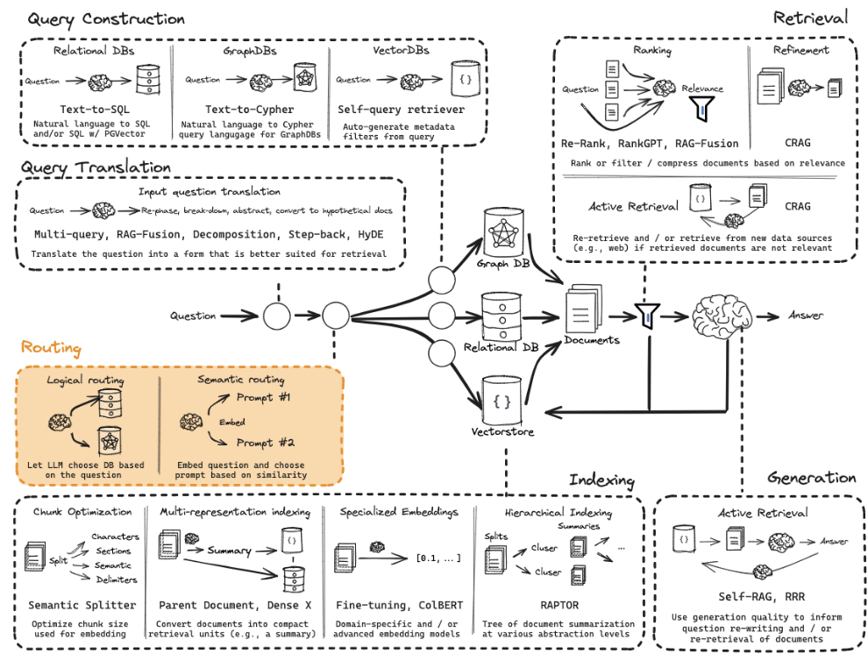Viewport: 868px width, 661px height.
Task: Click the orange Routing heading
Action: [x=51, y=349]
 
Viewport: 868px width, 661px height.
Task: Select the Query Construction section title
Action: [x=106, y=18]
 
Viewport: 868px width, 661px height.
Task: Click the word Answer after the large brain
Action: [x=806, y=316]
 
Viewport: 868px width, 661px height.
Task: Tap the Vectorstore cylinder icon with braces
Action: [x=502, y=399]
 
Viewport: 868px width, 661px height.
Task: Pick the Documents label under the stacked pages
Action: [x=592, y=340]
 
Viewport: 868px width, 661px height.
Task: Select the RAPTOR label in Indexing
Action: [x=559, y=605]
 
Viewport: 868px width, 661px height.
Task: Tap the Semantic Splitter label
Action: [x=83, y=605]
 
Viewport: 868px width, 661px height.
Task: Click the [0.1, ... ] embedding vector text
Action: [x=435, y=557]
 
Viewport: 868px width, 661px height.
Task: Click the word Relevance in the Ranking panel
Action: [x=702, y=89]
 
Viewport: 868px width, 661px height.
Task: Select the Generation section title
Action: [x=811, y=478]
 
